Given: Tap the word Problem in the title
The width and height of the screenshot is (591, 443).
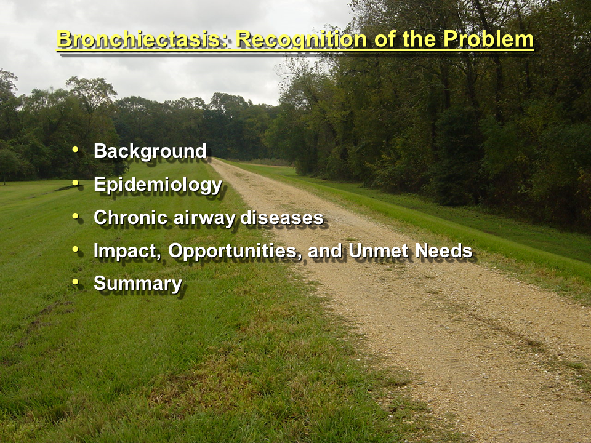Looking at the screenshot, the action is (x=488, y=39).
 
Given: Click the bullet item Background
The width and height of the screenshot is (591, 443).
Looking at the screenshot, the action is (x=150, y=151).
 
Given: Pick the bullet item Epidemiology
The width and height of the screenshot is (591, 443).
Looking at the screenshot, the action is (x=158, y=185).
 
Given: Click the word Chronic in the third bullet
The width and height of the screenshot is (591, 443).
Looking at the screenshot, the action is (x=131, y=217).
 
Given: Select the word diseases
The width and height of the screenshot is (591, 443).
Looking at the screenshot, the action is (x=282, y=217).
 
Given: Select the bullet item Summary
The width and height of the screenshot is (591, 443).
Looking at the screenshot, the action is (x=138, y=284).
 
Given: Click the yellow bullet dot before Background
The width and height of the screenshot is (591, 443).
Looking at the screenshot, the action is (x=75, y=150).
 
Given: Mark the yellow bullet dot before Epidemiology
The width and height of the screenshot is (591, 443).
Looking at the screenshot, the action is (x=75, y=183).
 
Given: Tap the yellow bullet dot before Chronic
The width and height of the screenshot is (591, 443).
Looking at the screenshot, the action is (x=75, y=216).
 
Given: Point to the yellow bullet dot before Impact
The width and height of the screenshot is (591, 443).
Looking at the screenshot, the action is (x=75, y=249).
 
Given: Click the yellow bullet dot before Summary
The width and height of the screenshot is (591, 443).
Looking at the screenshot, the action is (x=75, y=282).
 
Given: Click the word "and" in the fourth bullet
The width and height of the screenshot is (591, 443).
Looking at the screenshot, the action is (x=325, y=251).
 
